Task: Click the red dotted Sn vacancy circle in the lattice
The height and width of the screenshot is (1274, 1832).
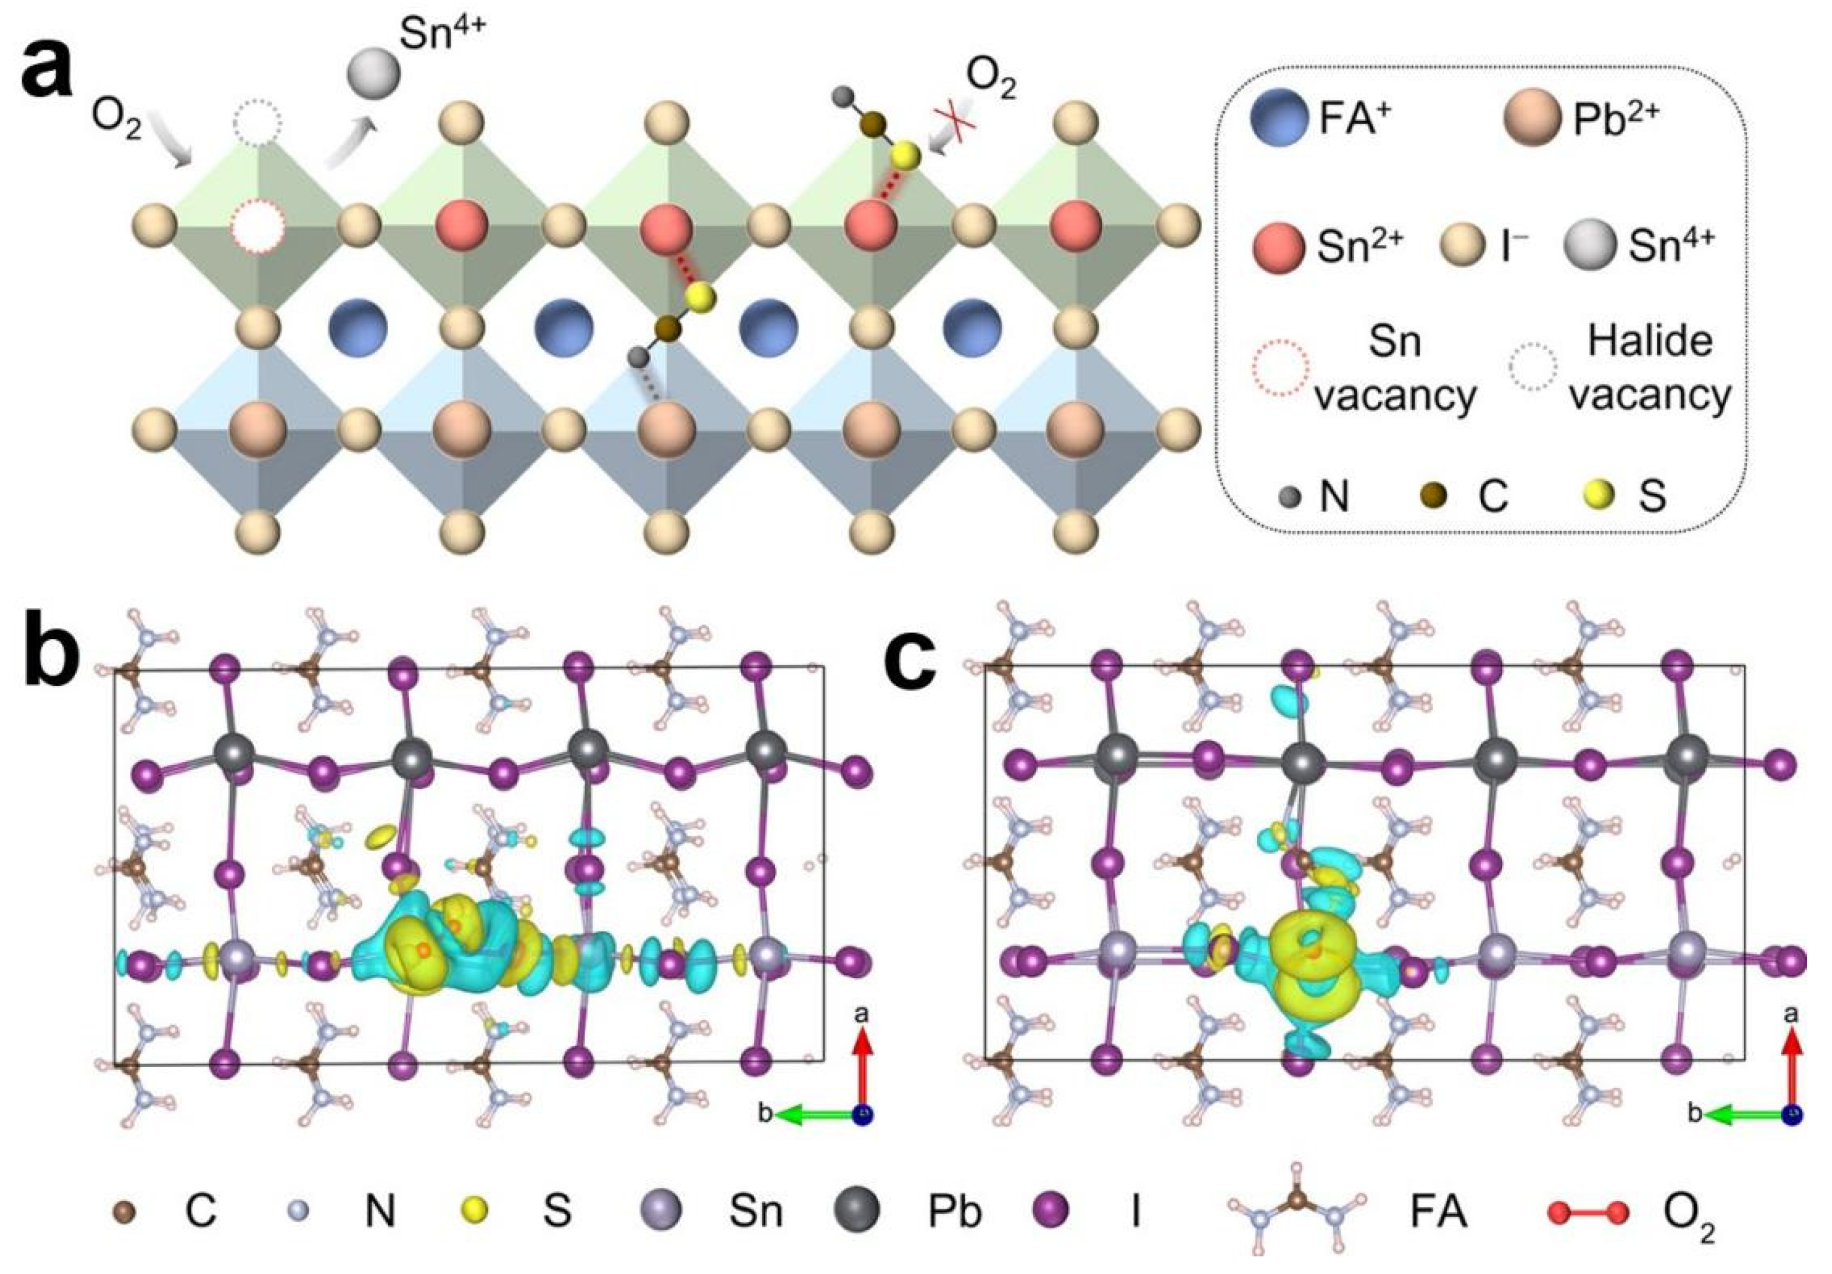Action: pyautogui.click(x=257, y=225)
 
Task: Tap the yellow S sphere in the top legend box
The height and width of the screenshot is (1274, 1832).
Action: pyautogui.click(x=1598, y=496)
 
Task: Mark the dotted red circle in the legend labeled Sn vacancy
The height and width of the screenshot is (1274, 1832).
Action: pyautogui.click(x=1281, y=368)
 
